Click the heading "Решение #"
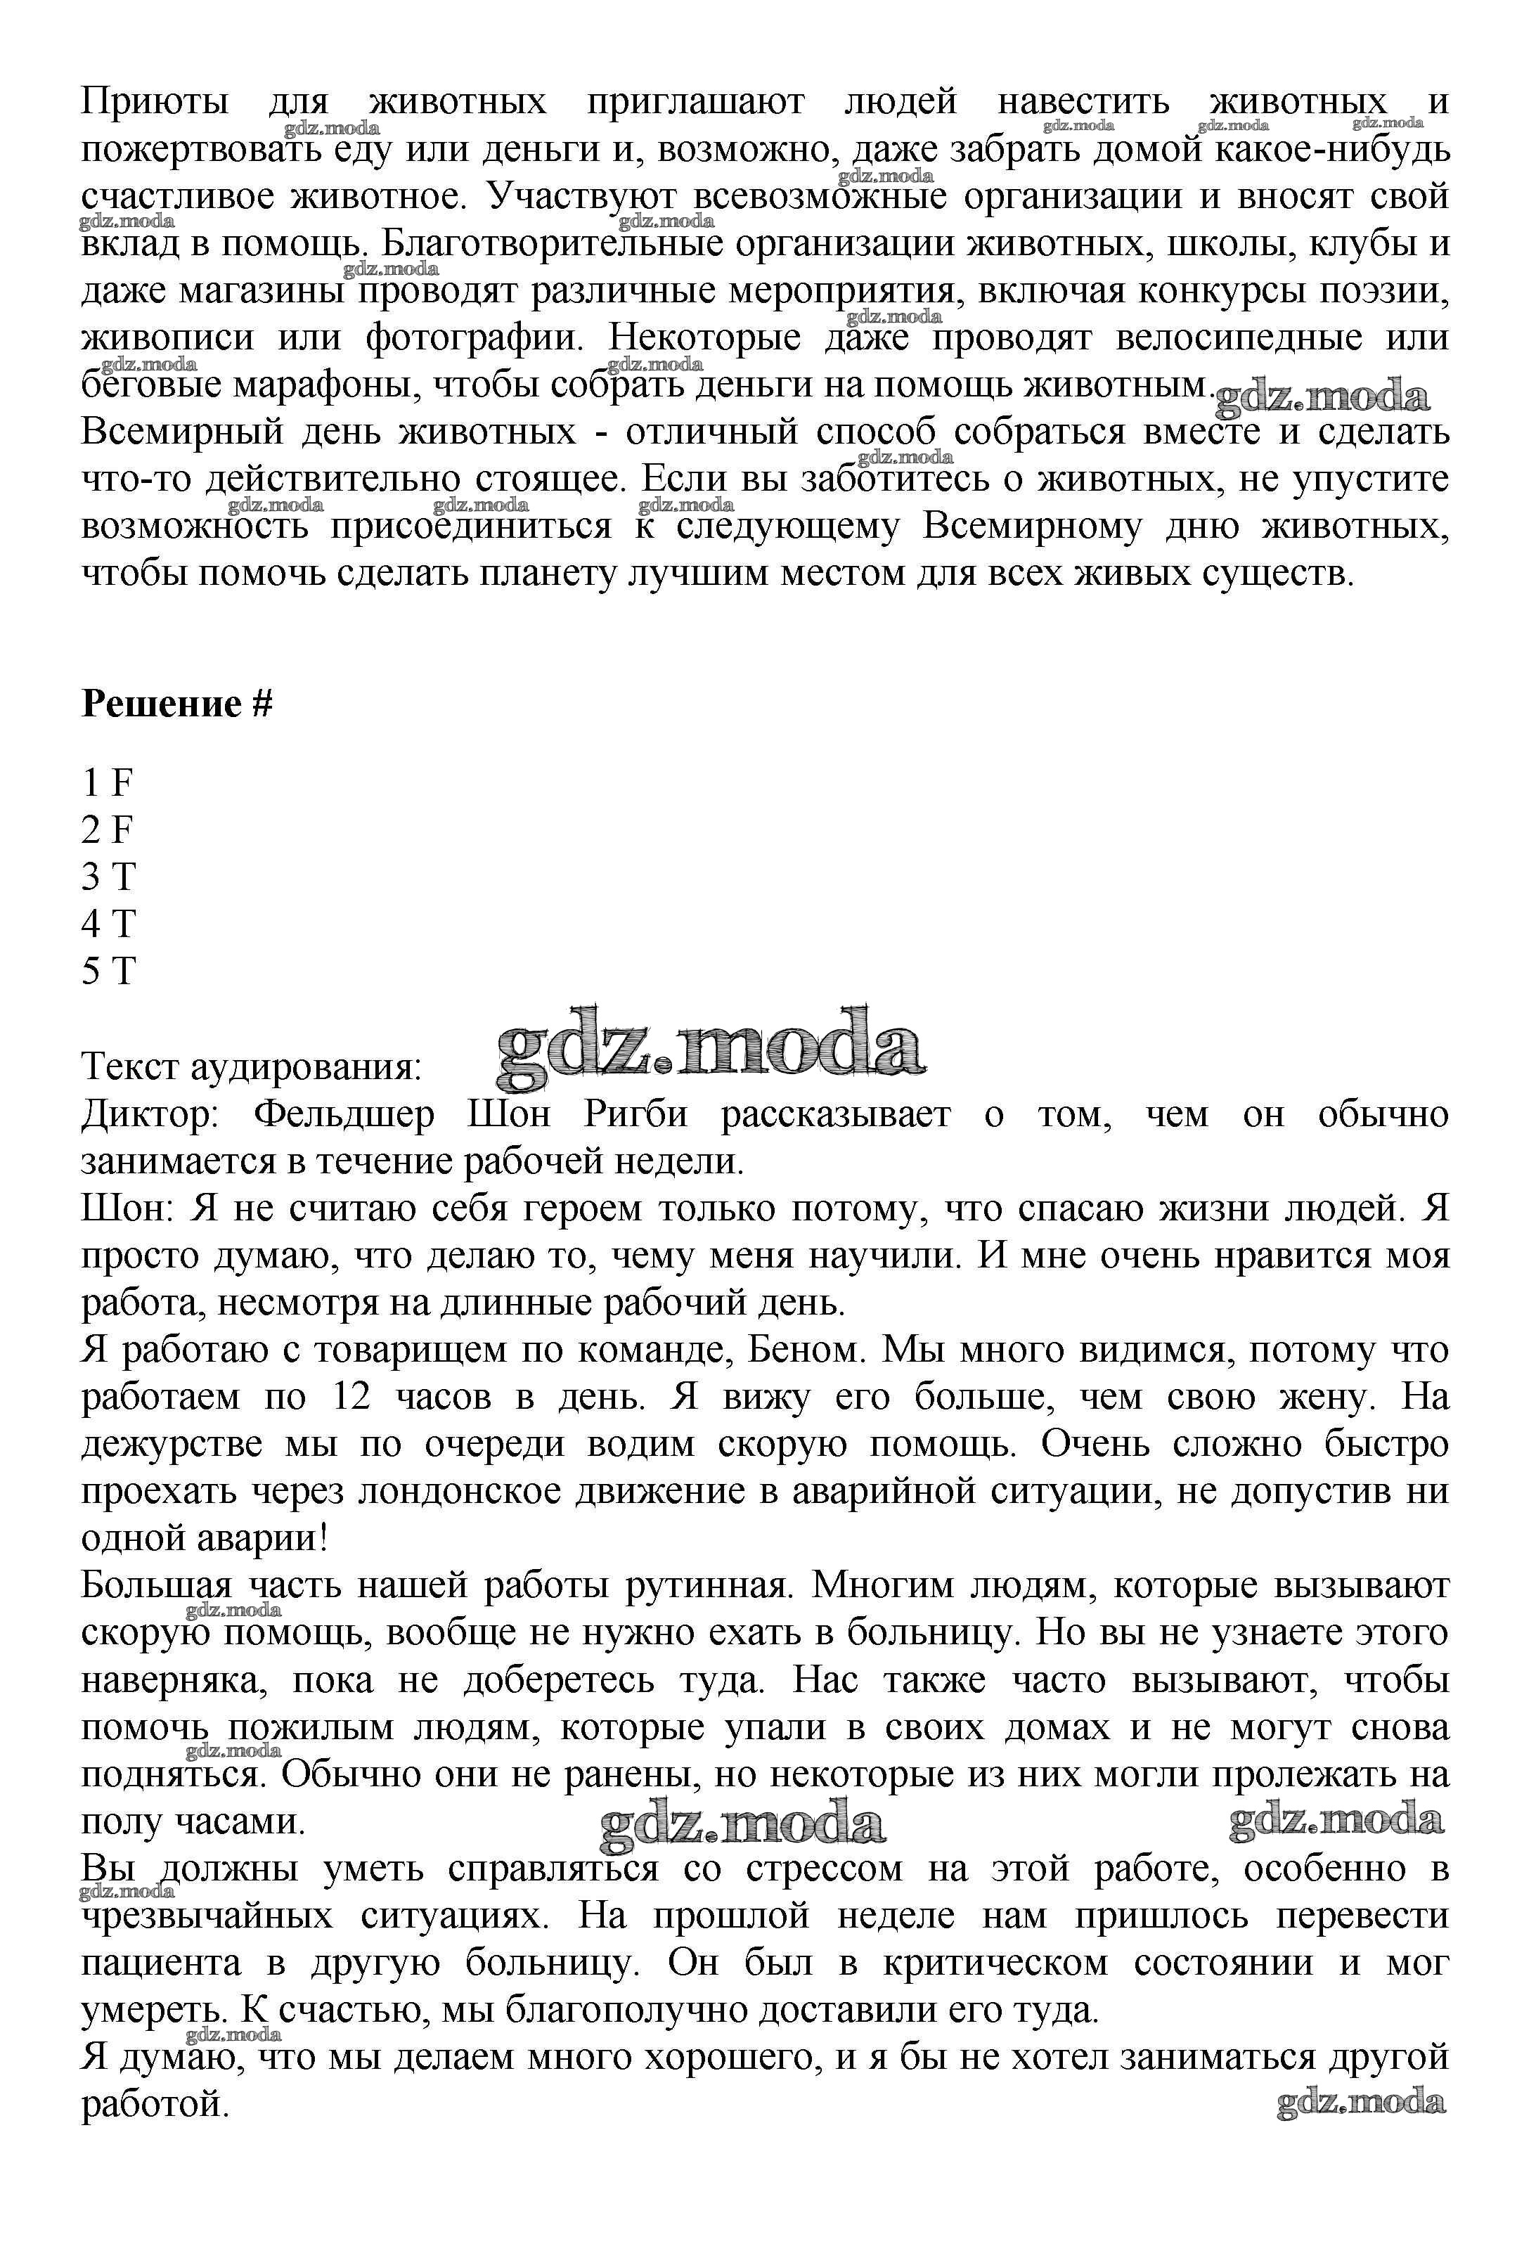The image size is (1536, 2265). [x=176, y=704]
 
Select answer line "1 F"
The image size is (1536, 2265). [x=108, y=782]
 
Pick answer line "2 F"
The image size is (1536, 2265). [x=108, y=830]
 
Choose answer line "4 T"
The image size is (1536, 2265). [x=108, y=924]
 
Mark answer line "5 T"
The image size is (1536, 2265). [x=108, y=972]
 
